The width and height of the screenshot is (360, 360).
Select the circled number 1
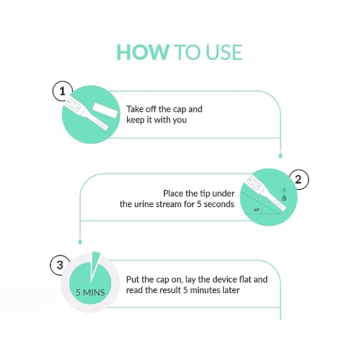(x=63, y=91)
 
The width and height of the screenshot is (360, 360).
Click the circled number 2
(x=298, y=180)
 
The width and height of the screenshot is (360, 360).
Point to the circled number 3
(x=60, y=265)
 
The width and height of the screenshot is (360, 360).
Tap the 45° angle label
(x=257, y=210)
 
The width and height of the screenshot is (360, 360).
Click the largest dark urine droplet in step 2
(x=284, y=198)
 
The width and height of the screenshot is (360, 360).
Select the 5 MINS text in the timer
(x=90, y=293)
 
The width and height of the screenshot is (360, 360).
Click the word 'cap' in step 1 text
(x=180, y=110)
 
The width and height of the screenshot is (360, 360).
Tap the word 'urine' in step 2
(x=144, y=204)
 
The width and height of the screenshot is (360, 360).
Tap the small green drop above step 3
(x=80, y=241)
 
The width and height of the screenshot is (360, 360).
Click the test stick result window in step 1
(x=74, y=106)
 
